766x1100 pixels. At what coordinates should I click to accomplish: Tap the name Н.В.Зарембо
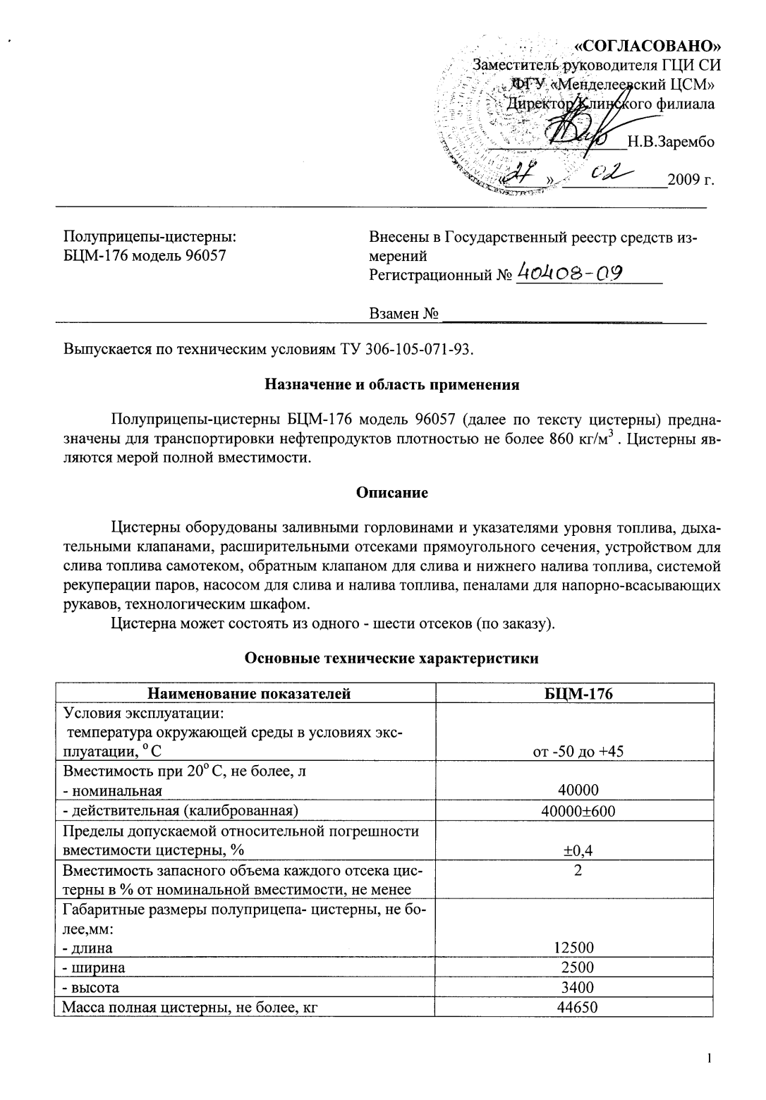[671, 142]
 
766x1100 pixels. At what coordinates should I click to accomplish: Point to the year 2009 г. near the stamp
[691, 179]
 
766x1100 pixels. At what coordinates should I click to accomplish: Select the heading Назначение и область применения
[391, 385]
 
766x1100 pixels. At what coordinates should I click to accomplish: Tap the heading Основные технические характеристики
[391, 659]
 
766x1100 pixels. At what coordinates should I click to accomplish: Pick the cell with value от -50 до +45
[578, 751]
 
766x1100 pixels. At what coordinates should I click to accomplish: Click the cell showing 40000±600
[578, 811]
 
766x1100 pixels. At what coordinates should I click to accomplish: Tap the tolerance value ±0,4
[578, 850]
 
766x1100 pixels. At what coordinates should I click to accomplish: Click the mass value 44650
[577, 1007]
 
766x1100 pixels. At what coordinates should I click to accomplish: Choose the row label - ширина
[94, 967]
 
